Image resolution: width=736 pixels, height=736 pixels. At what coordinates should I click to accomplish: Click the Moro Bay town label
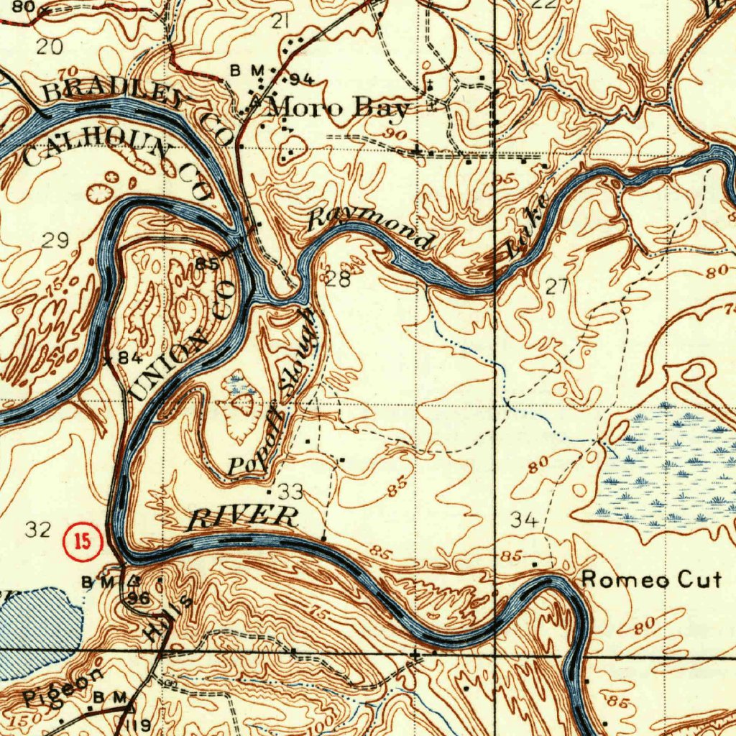338,109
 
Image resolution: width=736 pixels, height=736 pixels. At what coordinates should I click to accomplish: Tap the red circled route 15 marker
84,542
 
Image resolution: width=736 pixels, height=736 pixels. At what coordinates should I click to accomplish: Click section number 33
291,492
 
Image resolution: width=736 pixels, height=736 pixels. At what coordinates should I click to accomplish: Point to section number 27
557,287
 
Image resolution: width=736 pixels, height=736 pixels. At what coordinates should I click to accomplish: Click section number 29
55,241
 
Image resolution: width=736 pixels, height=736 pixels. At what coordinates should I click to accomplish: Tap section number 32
38,530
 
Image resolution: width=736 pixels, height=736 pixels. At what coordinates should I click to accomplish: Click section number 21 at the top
280,22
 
